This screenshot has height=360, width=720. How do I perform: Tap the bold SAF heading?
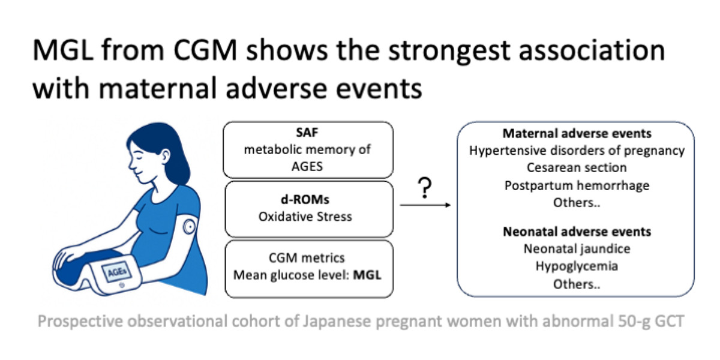click(308, 133)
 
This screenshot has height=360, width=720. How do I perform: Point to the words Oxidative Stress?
click(308, 217)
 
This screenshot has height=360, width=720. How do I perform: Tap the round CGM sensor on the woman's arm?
click(189, 227)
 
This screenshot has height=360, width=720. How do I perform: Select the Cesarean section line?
click(577, 167)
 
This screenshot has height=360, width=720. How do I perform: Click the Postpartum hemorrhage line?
click(577, 185)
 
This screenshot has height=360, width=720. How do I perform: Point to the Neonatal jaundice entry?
click(577, 248)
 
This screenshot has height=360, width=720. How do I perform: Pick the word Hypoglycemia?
click(577, 265)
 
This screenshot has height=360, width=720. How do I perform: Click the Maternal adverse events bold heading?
click(577, 133)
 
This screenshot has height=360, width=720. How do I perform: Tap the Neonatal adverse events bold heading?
click(577, 231)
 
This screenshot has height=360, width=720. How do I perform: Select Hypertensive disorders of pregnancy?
click(577, 150)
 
